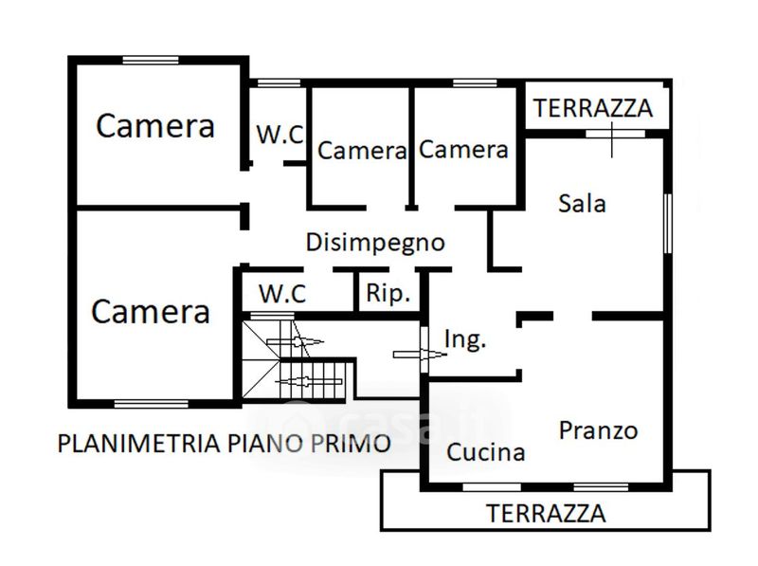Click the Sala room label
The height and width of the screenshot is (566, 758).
click(582, 203)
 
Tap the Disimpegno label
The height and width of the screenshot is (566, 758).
click(375, 242)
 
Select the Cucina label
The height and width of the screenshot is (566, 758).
click(486, 452)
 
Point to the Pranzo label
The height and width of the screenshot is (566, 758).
click(598, 430)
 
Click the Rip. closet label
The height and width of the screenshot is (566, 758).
click(388, 294)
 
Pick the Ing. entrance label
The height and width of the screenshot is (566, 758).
click(465, 339)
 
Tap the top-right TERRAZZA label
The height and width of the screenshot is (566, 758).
click(593, 107)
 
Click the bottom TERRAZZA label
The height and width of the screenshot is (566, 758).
click(546, 514)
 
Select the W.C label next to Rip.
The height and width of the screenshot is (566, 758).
click(283, 294)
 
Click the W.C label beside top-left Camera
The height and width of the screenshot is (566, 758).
click(280, 135)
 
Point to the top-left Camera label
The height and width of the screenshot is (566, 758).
click(156, 126)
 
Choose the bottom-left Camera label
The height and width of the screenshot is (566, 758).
click(151, 311)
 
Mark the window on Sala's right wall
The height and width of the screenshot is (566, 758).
click(668, 224)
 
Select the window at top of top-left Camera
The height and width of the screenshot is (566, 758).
click(151, 60)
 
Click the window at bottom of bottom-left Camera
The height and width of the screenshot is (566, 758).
click(151, 404)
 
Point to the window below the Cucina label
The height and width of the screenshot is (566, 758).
click(491, 487)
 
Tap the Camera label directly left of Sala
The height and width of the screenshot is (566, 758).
click(464, 149)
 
